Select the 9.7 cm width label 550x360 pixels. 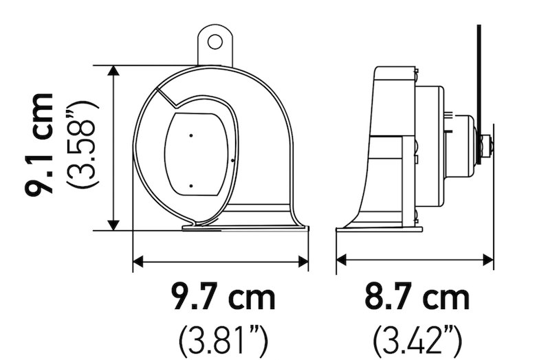pyautogui.click(x=224, y=298)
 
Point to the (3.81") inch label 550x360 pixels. pyautogui.click(x=223, y=339)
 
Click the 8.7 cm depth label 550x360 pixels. pyautogui.click(x=417, y=298)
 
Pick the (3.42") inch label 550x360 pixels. pyautogui.click(x=417, y=339)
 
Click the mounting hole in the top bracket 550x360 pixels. pyautogui.click(x=215, y=41)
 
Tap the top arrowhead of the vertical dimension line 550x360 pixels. pyautogui.click(x=115, y=72)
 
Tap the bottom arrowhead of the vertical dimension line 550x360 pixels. pyautogui.click(x=115, y=225)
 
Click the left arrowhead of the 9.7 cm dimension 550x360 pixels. pyautogui.click(x=138, y=260)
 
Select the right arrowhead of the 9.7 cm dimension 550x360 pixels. pyautogui.click(x=302, y=260)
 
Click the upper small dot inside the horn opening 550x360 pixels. pyautogui.click(x=191, y=135)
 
